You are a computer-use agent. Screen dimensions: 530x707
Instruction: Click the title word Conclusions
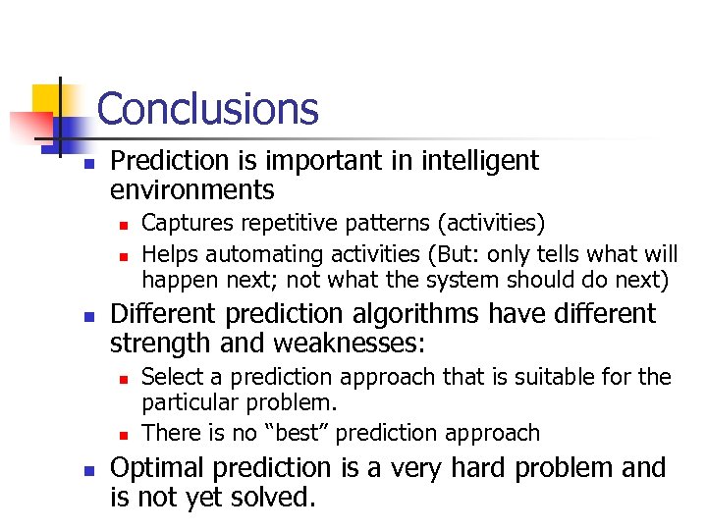tap(208, 109)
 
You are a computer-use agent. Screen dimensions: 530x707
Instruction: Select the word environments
tap(192, 189)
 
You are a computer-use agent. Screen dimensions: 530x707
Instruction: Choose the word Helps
tap(168, 253)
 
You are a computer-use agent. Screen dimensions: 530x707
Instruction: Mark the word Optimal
tap(157, 468)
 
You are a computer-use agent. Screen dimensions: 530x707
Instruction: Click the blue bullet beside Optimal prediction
tap(88, 471)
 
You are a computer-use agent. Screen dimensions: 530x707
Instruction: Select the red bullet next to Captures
tap(121, 227)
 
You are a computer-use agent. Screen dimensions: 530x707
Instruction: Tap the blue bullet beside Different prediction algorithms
tap(88, 317)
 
